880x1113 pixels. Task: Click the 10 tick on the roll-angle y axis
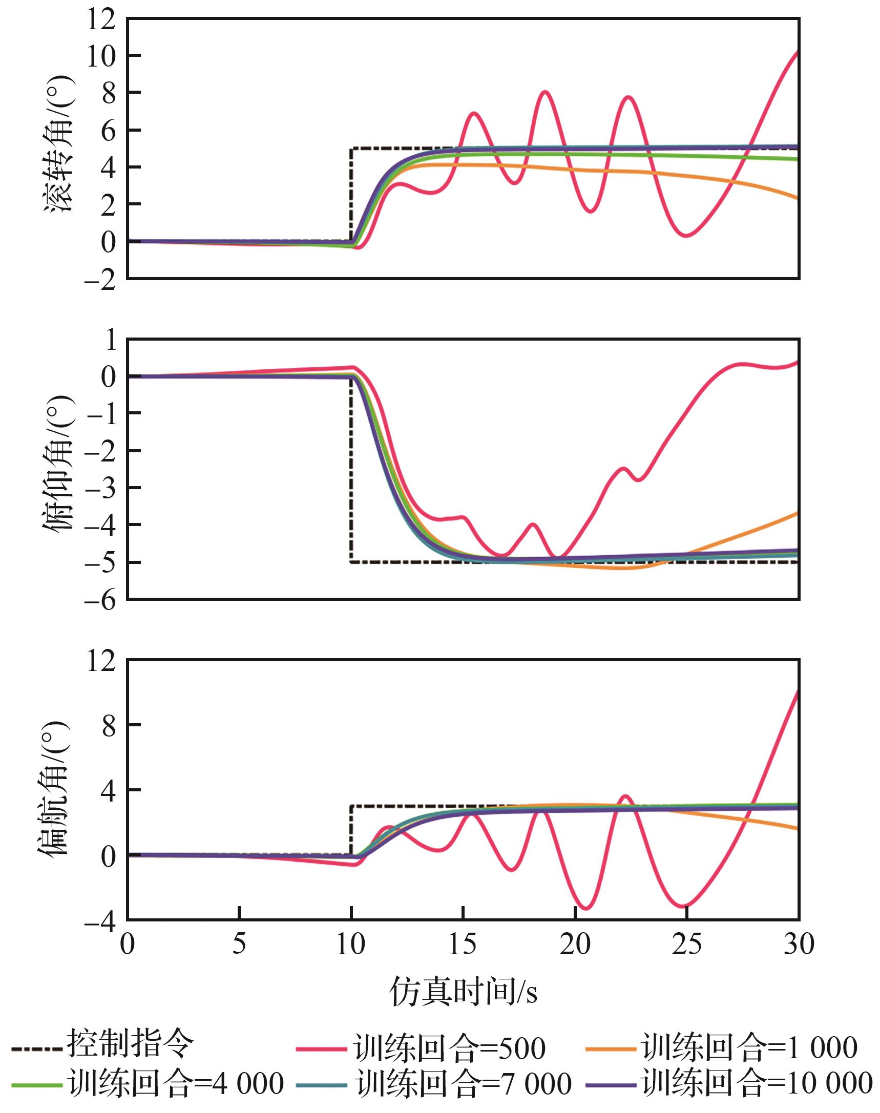(100, 56)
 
